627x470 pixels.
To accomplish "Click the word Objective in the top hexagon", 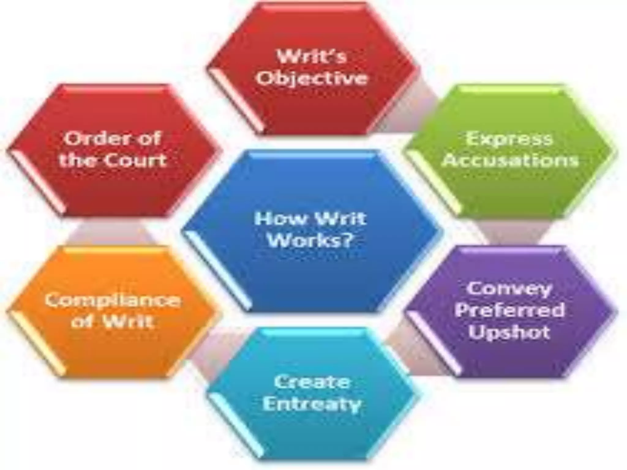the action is [312, 78].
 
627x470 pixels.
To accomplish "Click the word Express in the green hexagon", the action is [509, 139].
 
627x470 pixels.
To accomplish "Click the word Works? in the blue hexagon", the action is [309, 241].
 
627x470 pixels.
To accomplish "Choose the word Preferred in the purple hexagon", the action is [509, 310].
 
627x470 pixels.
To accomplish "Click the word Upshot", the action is [509, 332].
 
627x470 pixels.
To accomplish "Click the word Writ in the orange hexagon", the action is [128, 321].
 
